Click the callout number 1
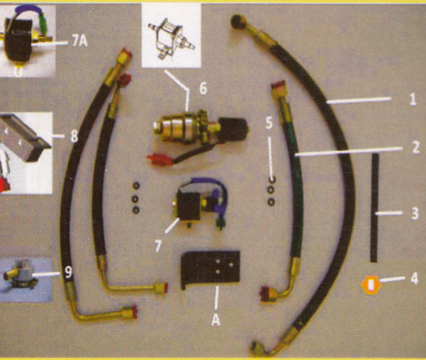point(412,99)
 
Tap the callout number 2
point(416,147)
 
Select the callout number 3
point(414,214)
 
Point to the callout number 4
point(414,279)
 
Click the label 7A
point(80,41)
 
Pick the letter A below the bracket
point(216,321)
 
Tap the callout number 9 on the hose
point(68,272)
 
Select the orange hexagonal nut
point(370,285)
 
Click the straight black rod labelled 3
point(374,208)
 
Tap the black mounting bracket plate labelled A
point(210,269)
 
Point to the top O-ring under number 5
point(271,179)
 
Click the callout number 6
point(203,88)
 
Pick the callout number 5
point(269,123)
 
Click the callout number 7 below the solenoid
point(158,246)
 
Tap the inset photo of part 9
point(26,279)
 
